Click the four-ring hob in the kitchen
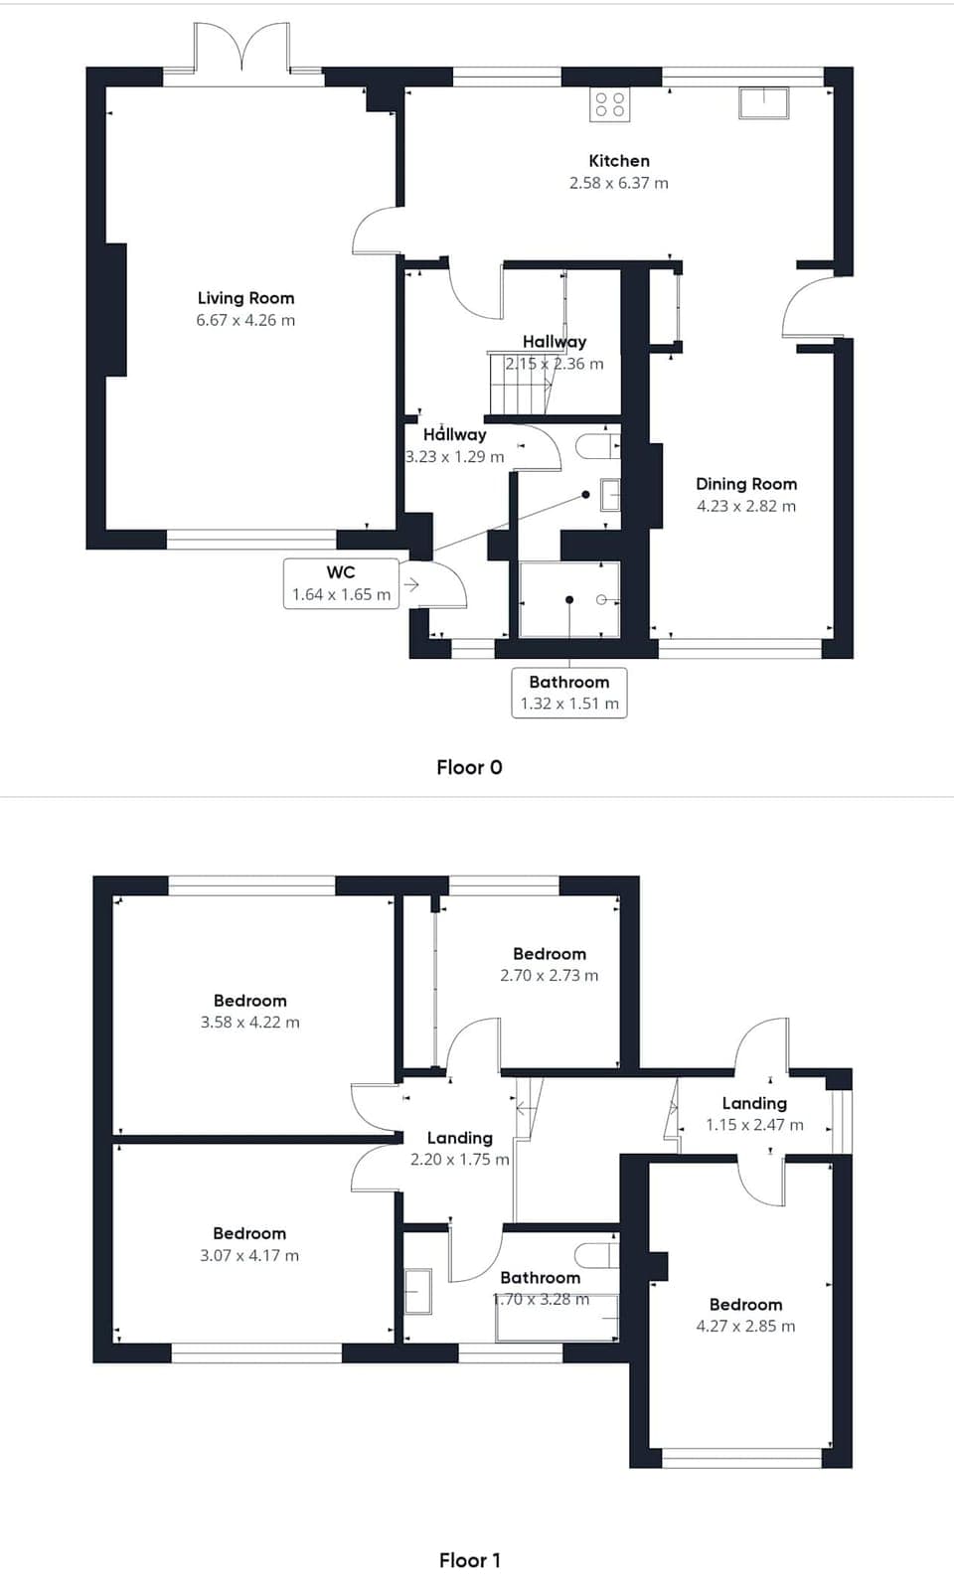coord(609,104)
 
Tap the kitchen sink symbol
coord(763,103)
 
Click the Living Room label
coord(245,298)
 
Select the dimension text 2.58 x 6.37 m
coord(618,183)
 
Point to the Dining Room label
coord(746,484)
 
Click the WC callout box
coord(341,583)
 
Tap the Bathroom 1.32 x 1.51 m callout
coord(568,693)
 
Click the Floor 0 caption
coord(469,767)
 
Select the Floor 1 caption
coord(469,1560)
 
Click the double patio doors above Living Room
coord(241,50)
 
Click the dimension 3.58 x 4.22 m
coord(249,1023)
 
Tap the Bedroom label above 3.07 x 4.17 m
coord(248,1233)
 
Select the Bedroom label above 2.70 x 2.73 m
coord(550,954)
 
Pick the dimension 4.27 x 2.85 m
coord(745,1326)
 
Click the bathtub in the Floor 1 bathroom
coord(556,1318)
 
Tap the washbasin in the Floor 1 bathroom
coord(418,1292)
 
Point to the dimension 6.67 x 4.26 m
coord(245,320)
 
